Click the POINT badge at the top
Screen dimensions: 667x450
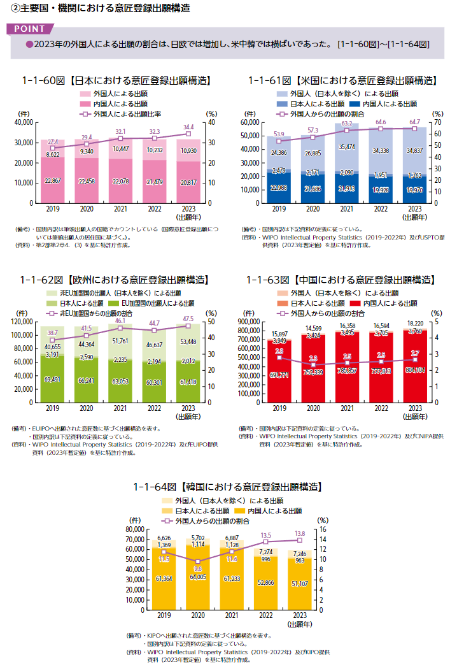[29, 29]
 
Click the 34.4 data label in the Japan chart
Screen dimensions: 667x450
[188, 127]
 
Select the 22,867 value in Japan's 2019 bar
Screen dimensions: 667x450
[53, 182]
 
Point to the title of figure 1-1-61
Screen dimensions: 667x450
[342, 81]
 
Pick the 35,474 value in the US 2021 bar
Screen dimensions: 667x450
[347, 146]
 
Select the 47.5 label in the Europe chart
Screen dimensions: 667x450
[188, 319]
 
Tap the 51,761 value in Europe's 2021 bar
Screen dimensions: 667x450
[120, 341]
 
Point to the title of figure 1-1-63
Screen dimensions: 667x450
[341, 280]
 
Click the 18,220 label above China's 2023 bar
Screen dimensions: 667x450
[415, 323]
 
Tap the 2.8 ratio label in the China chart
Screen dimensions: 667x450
[279, 351]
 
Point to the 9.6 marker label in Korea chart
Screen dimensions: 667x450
[198, 568]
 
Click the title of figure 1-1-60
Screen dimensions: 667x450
[116, 81]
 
